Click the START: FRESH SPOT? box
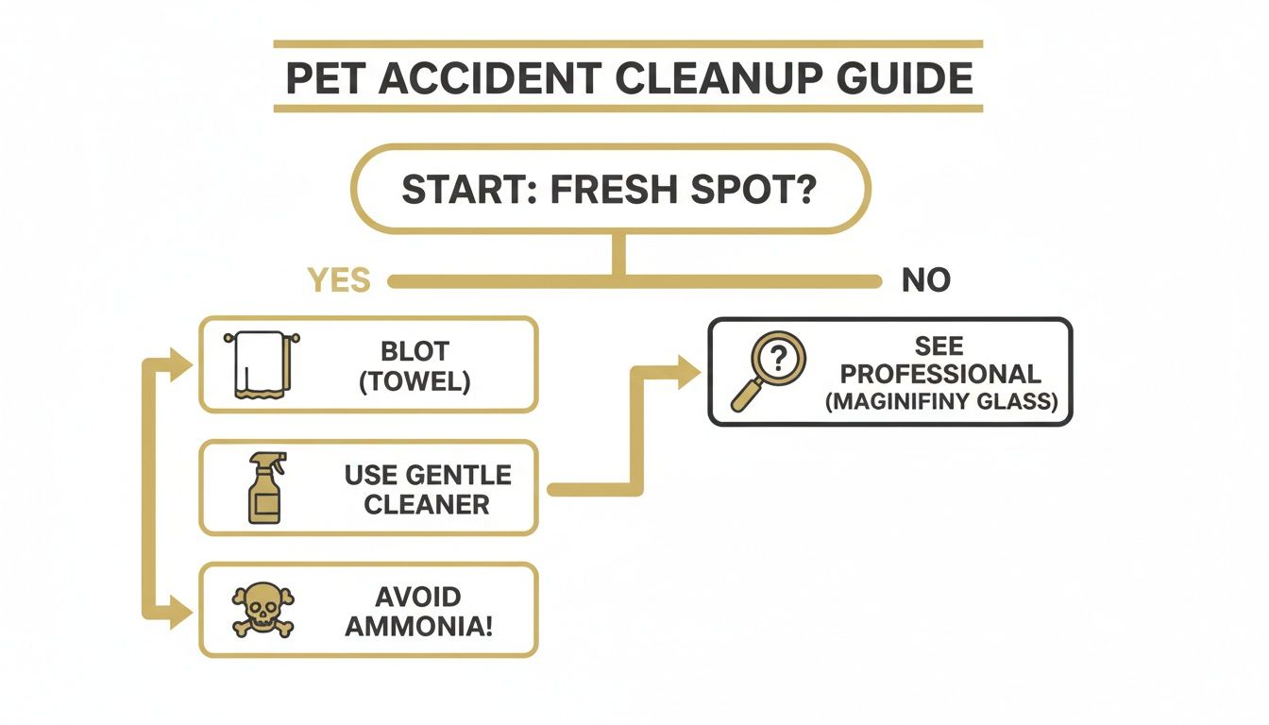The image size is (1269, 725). pyautogui.click(x=609, y=189)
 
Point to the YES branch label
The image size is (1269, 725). pyautogui.click(x=339, y=280)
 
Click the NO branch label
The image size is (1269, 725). pyautogui.click(x=925, y=280)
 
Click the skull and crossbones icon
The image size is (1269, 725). pyautogui.click(x=262, y=610)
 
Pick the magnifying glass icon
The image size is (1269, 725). pyautogui.click(x=767, y=371)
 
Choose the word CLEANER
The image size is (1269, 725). pyautogui.click(x=427, y=503)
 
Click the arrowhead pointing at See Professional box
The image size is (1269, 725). pyautogui.click(x=689, y=372)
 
